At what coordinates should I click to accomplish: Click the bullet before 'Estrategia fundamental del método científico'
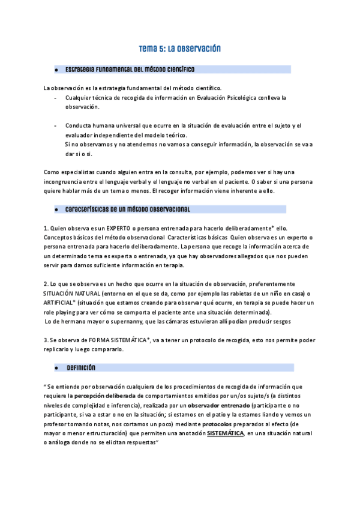(55, 70)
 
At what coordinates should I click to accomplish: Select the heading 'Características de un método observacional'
(127, 209)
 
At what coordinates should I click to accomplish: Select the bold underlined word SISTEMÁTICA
(225, 433)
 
